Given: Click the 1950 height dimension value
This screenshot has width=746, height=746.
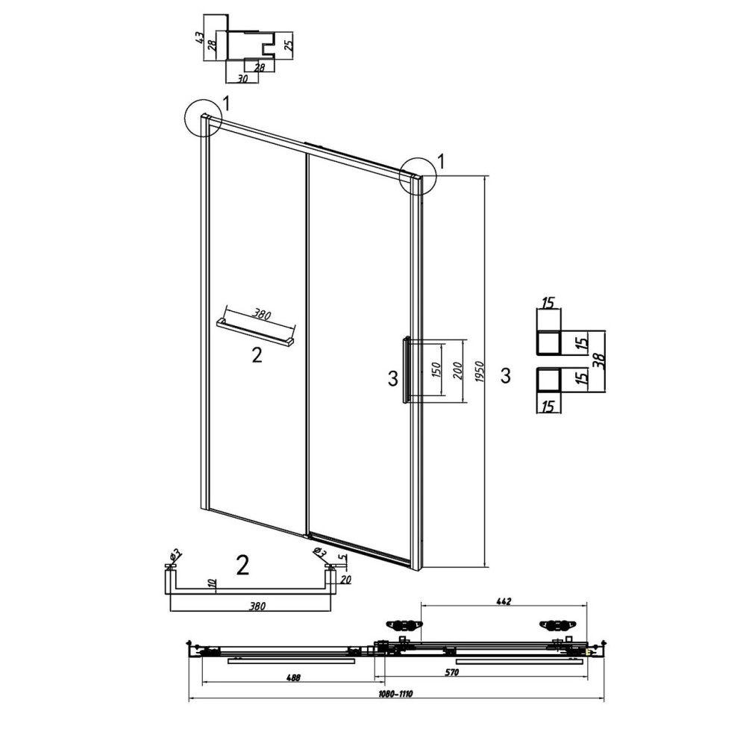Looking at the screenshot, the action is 479,372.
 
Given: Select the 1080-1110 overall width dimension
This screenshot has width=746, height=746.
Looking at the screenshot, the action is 396,694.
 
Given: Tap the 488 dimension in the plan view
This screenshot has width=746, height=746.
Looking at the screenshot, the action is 293,677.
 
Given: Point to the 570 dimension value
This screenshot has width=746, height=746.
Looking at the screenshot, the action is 452,672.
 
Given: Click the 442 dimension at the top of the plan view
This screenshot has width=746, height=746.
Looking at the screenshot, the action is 504,601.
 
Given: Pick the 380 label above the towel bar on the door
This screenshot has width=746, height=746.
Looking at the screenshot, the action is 261,315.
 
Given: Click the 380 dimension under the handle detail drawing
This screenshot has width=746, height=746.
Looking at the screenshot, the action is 257,606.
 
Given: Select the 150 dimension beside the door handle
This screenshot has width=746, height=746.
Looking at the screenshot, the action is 437,369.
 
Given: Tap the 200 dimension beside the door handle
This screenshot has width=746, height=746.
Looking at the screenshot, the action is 458,370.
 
